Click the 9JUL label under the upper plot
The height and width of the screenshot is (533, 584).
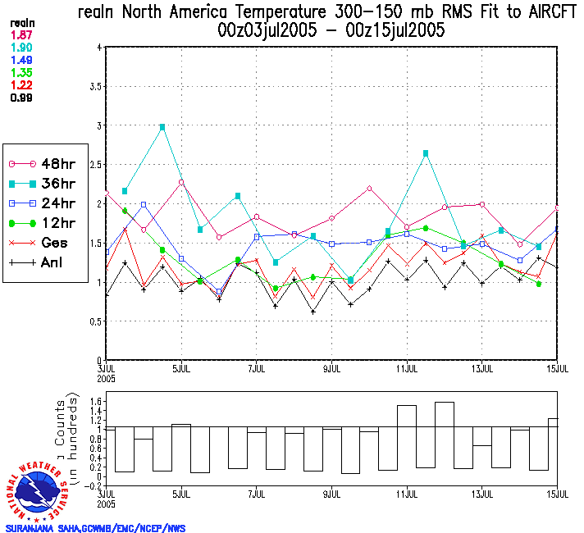point(332,368)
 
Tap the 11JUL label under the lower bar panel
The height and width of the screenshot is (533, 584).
point(408,494)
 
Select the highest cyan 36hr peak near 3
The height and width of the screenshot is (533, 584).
point(162,127)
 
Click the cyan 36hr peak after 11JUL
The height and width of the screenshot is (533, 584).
point(426,153)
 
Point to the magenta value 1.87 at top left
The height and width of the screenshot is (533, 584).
point(21,34)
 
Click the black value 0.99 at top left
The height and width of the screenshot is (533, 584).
point(21,98)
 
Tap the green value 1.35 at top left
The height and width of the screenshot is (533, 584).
point(21,72)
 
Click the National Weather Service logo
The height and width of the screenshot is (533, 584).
point(39,490)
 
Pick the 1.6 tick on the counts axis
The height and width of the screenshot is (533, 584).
point(96,401)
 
